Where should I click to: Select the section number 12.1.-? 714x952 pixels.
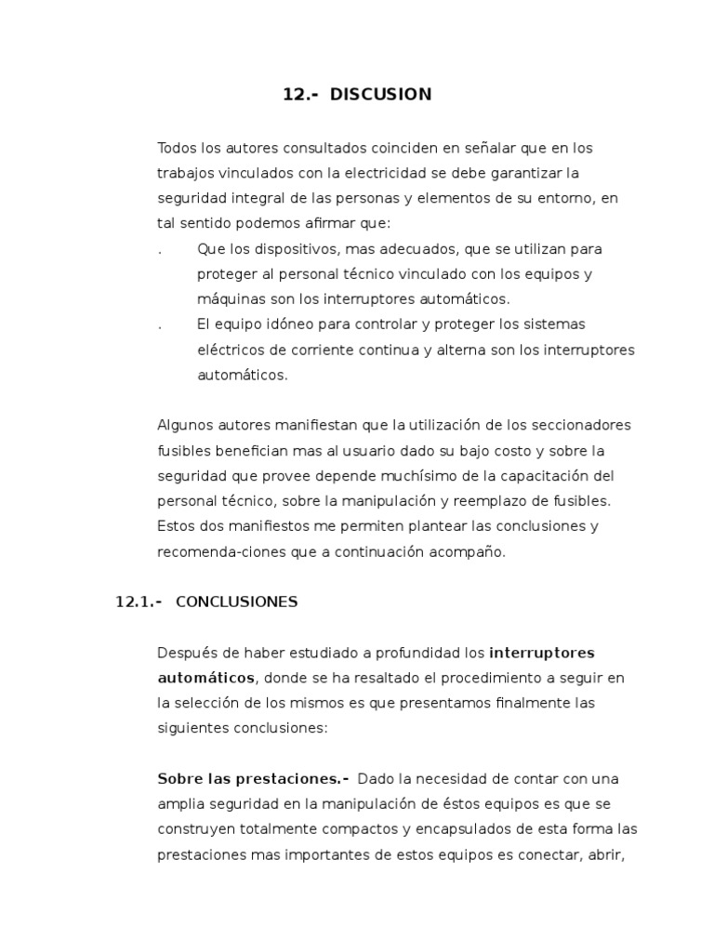[x=139, y=602]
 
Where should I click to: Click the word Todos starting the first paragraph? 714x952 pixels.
[x=178, y=148]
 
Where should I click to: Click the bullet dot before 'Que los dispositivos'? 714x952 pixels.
[x=161, y=249]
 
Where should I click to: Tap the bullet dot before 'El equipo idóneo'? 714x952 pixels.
[x=161, y=324]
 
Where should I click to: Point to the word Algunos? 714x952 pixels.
[x=186, y=425]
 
